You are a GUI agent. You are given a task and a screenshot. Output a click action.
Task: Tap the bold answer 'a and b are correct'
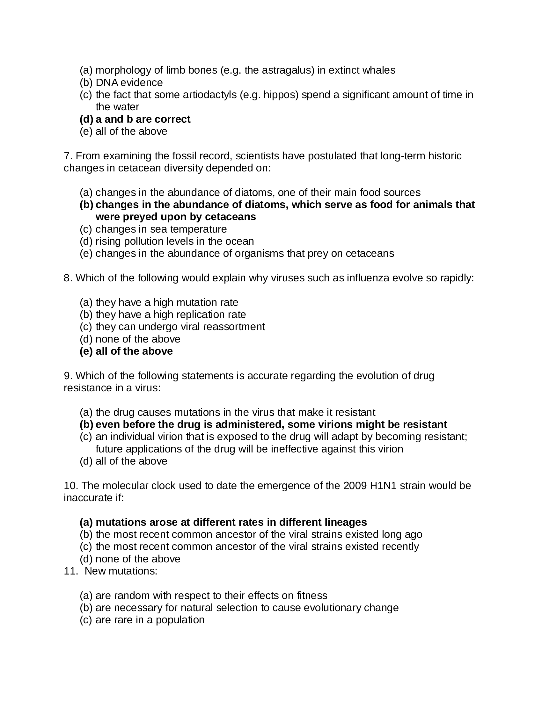pos(143,119)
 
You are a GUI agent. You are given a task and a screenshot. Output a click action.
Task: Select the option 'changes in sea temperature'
pos(161,229)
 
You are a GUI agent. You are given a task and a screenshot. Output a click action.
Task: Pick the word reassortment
pos(235,326)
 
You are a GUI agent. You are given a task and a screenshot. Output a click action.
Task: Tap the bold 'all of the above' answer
pos(134,351)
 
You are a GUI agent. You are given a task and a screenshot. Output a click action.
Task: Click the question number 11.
pos(70,571)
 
